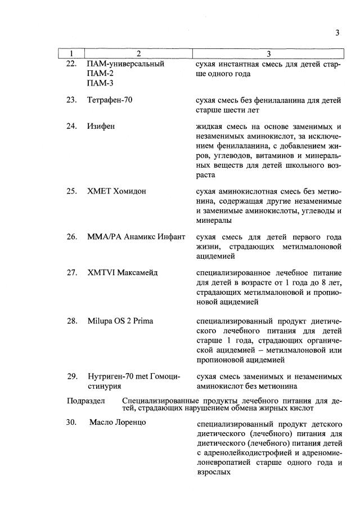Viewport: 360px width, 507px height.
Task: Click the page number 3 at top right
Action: pos(337,33)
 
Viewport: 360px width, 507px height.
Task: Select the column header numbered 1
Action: pos(71,54)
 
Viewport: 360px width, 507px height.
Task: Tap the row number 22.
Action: pos(71,64)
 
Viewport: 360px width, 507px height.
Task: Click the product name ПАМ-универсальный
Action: pos(125,64)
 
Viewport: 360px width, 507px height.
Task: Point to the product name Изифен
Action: pos(101,127)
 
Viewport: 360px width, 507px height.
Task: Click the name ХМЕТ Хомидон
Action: pos(116,191)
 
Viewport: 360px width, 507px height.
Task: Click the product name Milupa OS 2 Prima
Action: pos(120,321)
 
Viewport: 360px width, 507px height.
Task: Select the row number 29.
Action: pos(71,376)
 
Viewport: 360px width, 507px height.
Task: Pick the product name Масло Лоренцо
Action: pos(118,422)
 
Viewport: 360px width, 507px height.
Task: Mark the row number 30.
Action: pos(71,422)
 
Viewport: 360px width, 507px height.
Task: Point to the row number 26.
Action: pos(71,237)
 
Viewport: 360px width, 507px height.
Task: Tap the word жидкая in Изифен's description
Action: pos(208,127)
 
